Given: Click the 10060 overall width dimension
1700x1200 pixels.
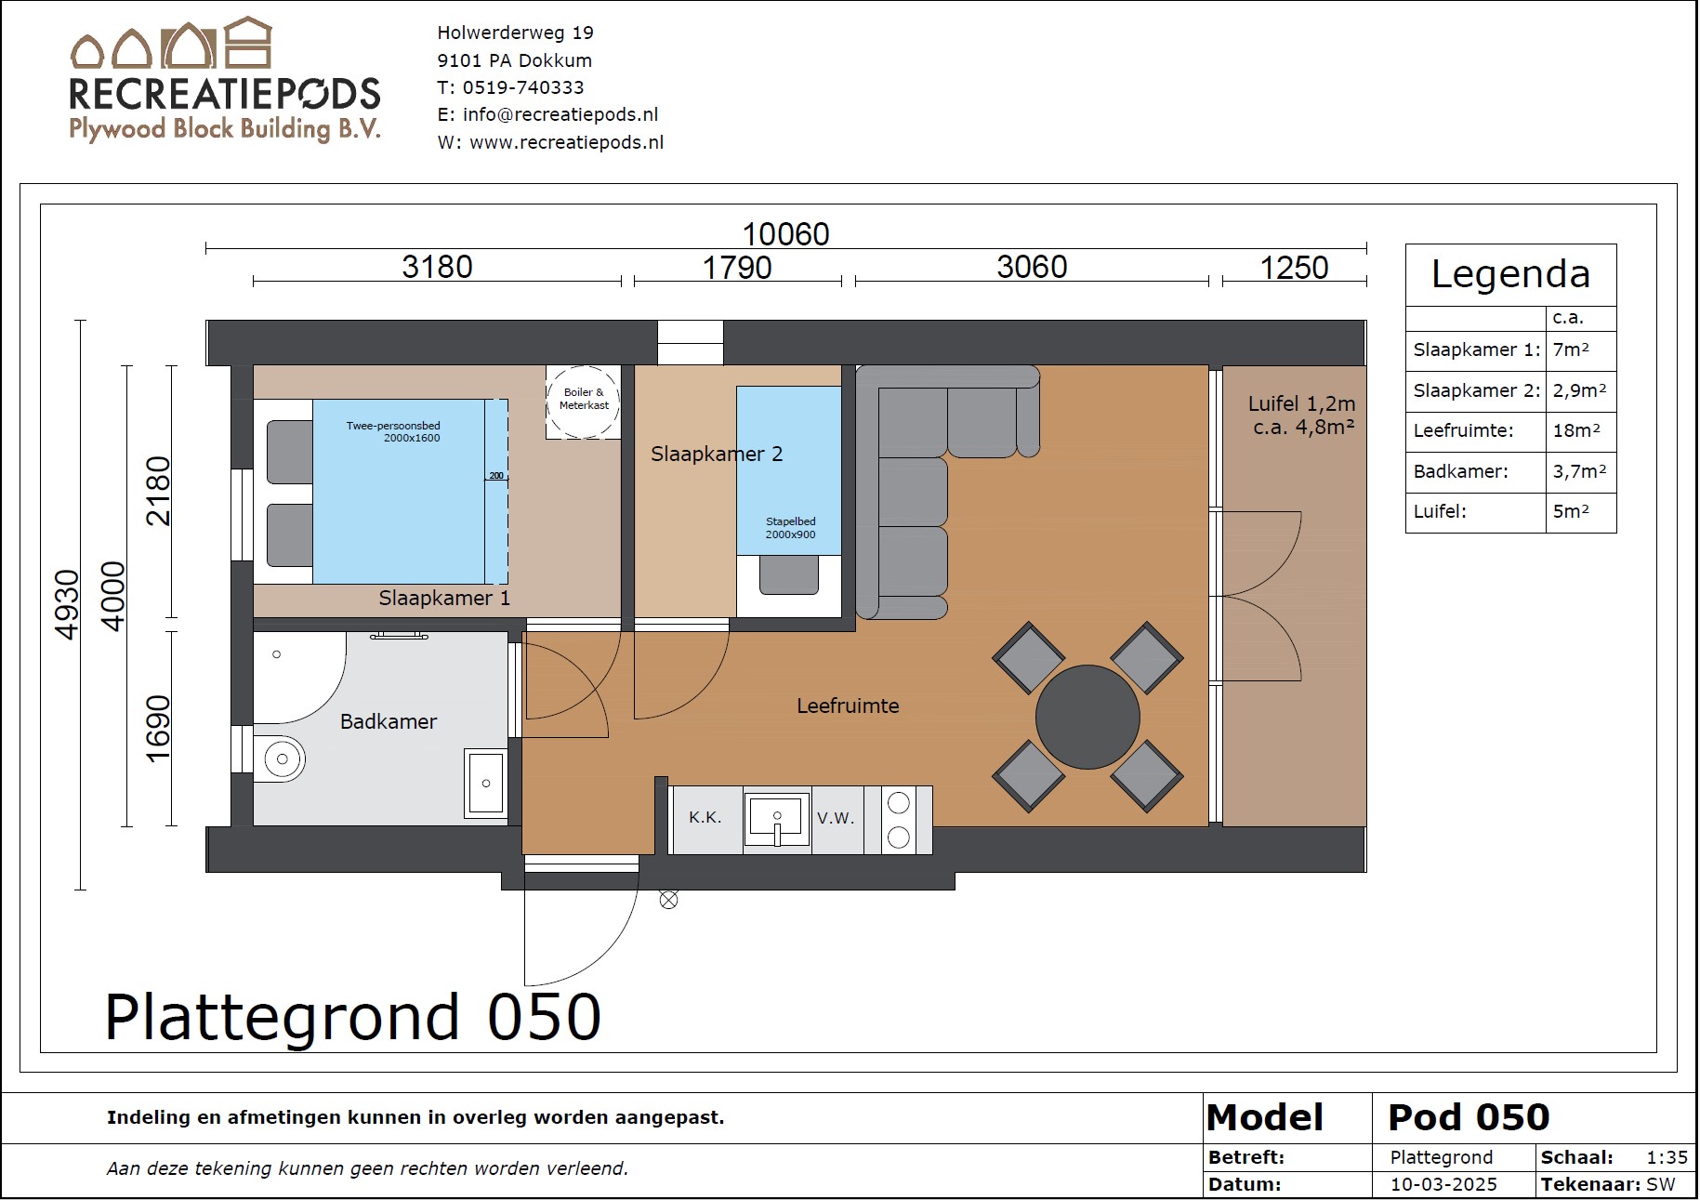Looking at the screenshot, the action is coord(785,233).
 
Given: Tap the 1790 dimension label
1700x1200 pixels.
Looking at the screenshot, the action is coord(736,268).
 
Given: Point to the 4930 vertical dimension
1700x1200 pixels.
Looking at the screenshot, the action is coord(67,604).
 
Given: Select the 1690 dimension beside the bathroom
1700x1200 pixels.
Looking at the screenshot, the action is coord(158,728).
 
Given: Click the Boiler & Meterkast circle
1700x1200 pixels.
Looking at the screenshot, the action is coord(583,402).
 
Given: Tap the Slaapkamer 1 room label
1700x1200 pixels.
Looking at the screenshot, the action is coord(444,598).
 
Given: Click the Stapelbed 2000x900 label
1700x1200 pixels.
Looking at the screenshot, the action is coord(791,528).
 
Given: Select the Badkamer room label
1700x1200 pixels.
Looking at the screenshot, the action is coord(389,721).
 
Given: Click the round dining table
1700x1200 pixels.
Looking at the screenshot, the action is coord(1087,717).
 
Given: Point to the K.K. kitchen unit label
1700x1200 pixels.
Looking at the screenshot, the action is coord(705,818).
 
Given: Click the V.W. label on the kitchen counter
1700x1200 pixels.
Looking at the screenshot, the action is coord(836,818).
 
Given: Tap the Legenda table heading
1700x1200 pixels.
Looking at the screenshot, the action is coord(1510,274).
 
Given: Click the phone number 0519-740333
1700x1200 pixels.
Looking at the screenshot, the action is coord(523,87).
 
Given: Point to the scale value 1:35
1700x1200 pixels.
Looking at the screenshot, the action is coord(1667,1157).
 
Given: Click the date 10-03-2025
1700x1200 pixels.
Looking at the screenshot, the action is coord(1443,1184).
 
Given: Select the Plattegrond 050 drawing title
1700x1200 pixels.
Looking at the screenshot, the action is coord(353,1017).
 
